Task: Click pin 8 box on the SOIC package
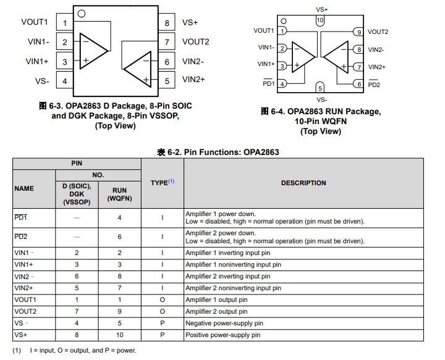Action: [x=167, y=22]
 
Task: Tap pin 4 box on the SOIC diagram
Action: [x=65, y=80]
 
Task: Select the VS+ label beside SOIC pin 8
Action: [x=190, y=23]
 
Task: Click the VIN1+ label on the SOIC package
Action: [x=37, y=62]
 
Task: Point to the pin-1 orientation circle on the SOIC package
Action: [x=82, y=14]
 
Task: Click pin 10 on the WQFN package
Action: [x=320, y=20]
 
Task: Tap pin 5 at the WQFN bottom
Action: [x=320, y=88]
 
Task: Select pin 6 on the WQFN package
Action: [x=358, y=84]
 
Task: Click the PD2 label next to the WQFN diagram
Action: [x=374, y=85]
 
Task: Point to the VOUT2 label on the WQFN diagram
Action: [x=378, y=31]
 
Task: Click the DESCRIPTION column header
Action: [x=303, y=183]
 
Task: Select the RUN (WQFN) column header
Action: [x=119, y=194]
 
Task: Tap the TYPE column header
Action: [x=163, y=183]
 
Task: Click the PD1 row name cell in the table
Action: [x=21, y=217]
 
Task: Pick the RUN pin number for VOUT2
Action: [x=119, y=312]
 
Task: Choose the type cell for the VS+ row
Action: [x=163, y=335]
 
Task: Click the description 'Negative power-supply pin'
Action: [x=224, y=323]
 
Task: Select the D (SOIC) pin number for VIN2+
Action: [x=77, y=288]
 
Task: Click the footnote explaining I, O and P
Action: [x=74, y=350]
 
